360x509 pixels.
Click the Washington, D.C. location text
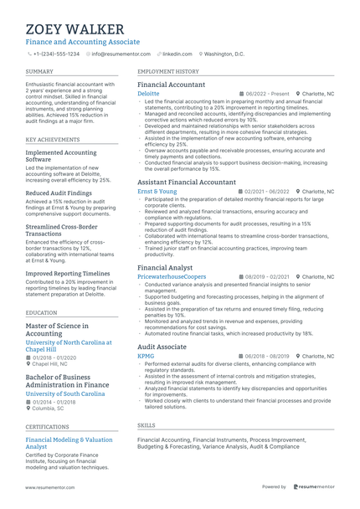[x=224, y=54]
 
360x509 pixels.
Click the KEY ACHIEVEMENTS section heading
[x=54, y=140]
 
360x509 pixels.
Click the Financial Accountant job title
[x=171, y=85]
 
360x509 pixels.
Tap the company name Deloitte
[x=148, y=94]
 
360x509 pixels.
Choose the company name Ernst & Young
[x=157, y=192]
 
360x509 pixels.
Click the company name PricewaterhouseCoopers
[x=171, y=276]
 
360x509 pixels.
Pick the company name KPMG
[x=146, y=356]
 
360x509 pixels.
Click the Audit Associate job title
[x=162, y=347]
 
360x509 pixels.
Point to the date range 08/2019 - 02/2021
[x=267, y=276]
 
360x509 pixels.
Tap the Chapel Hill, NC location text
[x=50, y=364]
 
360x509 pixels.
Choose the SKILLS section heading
[x=146, y=426]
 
